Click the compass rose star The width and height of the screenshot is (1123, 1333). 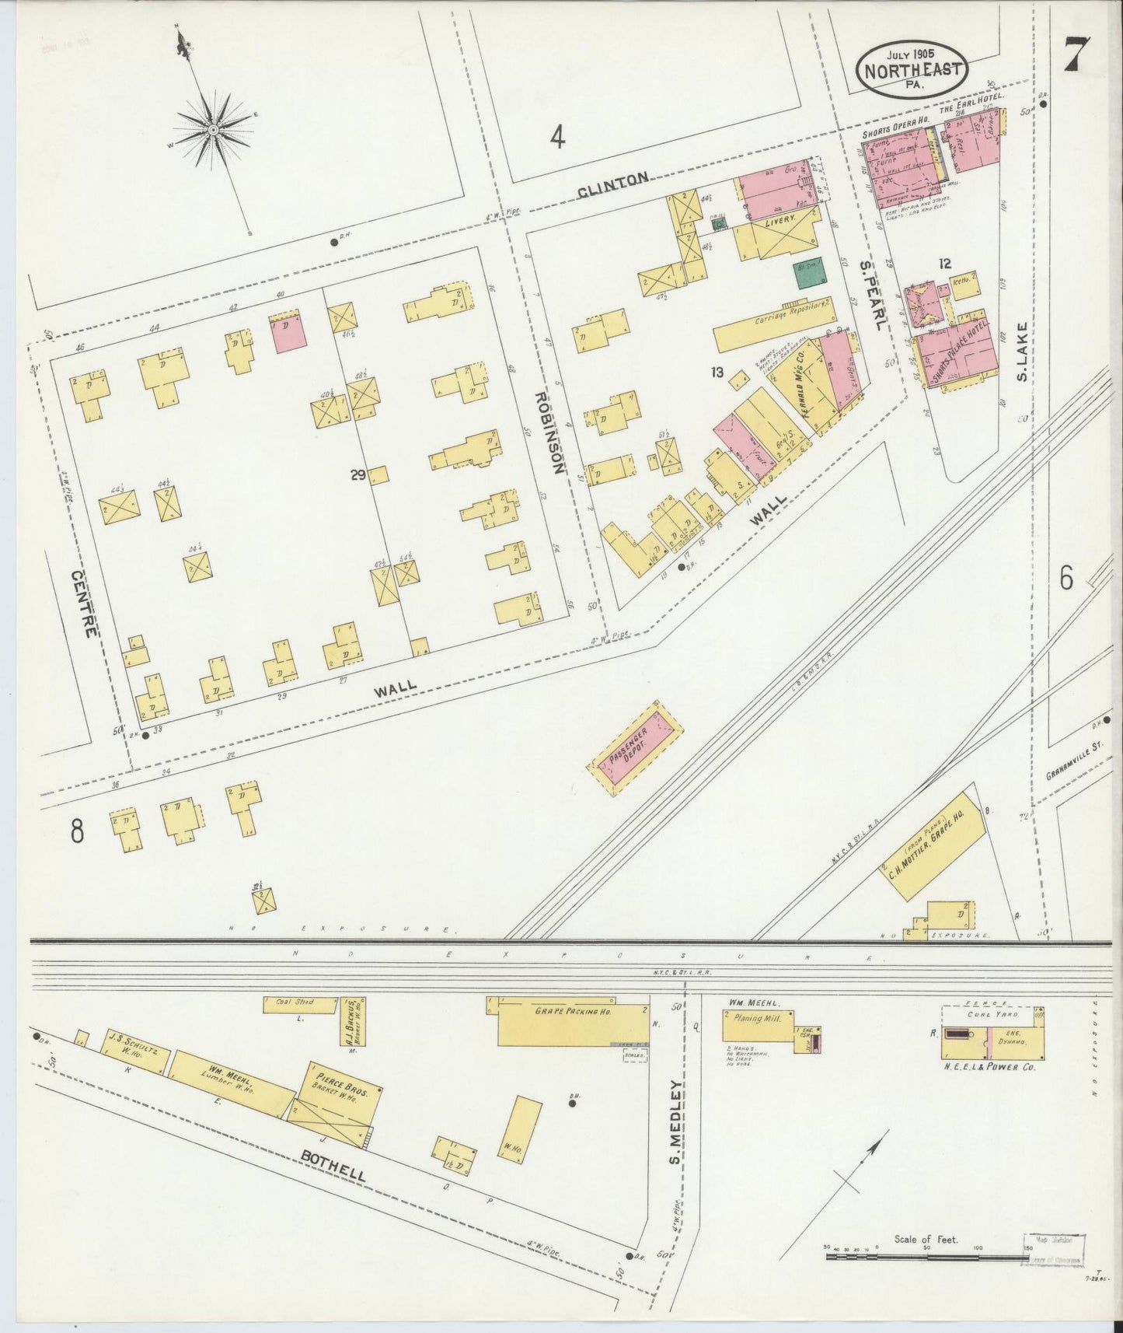(211, 128)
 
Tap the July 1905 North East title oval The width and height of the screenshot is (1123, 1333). (914, 71)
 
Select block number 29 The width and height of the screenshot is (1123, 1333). (357, 476)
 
